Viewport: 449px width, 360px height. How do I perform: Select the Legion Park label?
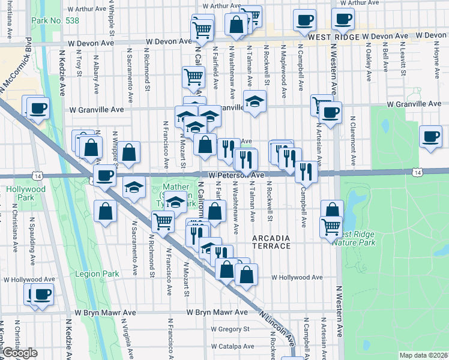(x=97, y=274)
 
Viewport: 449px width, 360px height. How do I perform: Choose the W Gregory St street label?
(x=230, y=329)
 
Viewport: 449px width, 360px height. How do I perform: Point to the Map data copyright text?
(x=423, y=355)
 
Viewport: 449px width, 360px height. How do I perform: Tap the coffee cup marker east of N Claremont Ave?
(x=431, y=136)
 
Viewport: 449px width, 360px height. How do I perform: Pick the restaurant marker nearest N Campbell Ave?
(x=307, y=172)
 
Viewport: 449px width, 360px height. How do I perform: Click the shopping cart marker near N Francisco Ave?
(x=163, y=221)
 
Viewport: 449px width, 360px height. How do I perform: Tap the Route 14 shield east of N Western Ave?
(x=417, y=172)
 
